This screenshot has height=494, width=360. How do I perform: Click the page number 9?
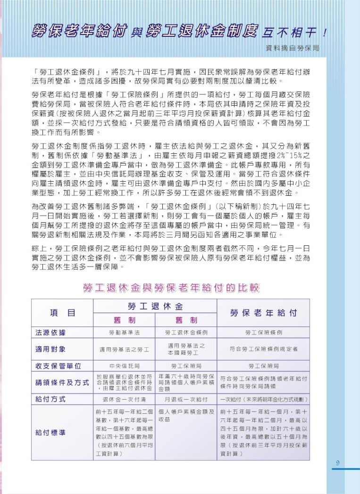338,463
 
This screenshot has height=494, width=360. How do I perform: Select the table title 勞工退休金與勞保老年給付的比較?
171,288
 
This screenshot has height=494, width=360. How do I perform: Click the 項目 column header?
63,313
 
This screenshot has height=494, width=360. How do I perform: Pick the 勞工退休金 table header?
155,305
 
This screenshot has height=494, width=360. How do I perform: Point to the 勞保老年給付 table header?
263,313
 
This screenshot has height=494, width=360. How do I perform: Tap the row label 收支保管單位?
59,366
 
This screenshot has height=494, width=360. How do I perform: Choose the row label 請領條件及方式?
62,382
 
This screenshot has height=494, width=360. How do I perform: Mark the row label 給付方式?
50,399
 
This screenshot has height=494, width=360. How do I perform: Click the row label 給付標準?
50,432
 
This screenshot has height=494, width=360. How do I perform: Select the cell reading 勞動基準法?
125,332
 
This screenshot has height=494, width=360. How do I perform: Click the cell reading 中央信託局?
125,366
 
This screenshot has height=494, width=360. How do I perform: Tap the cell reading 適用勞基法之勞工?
125,350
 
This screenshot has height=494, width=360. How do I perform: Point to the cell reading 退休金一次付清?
125,400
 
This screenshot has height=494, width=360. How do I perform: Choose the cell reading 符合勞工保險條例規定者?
263,349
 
